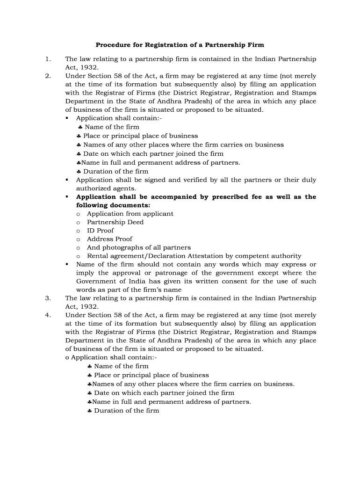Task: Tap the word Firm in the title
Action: click(x=254, y=45)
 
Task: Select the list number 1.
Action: click(x=47, y=59)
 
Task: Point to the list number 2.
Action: click(x=47, y=76)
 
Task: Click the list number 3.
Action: click(x=47, y=298)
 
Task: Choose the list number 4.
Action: click(x=47, y=315)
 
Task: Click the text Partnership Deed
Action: click(x=115, y=222)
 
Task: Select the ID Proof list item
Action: click(x=100, y=231)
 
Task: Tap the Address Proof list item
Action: click(x=109, y=239)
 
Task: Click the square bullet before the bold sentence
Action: click(x=67, y=197)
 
